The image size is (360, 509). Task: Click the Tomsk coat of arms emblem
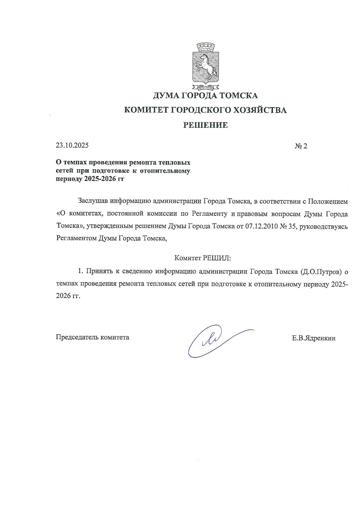[x=205, y=65]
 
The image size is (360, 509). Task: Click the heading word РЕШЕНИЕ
[x=205, y=125]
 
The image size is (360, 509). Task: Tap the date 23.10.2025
[x=72, y=145]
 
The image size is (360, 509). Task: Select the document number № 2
[x=301, y=146]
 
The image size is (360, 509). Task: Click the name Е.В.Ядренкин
[x=314, y=338]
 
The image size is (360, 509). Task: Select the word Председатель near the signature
[x=77, y=337]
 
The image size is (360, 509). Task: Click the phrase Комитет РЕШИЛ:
[x=202, y=258]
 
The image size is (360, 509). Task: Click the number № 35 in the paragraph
[x=287, y=226]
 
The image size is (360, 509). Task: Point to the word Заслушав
[x=93, y=201]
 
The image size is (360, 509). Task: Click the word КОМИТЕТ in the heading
[x=145, y=110]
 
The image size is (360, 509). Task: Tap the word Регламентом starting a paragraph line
[x=76, y=238]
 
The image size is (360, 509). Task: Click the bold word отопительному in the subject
[x=165, y=171]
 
